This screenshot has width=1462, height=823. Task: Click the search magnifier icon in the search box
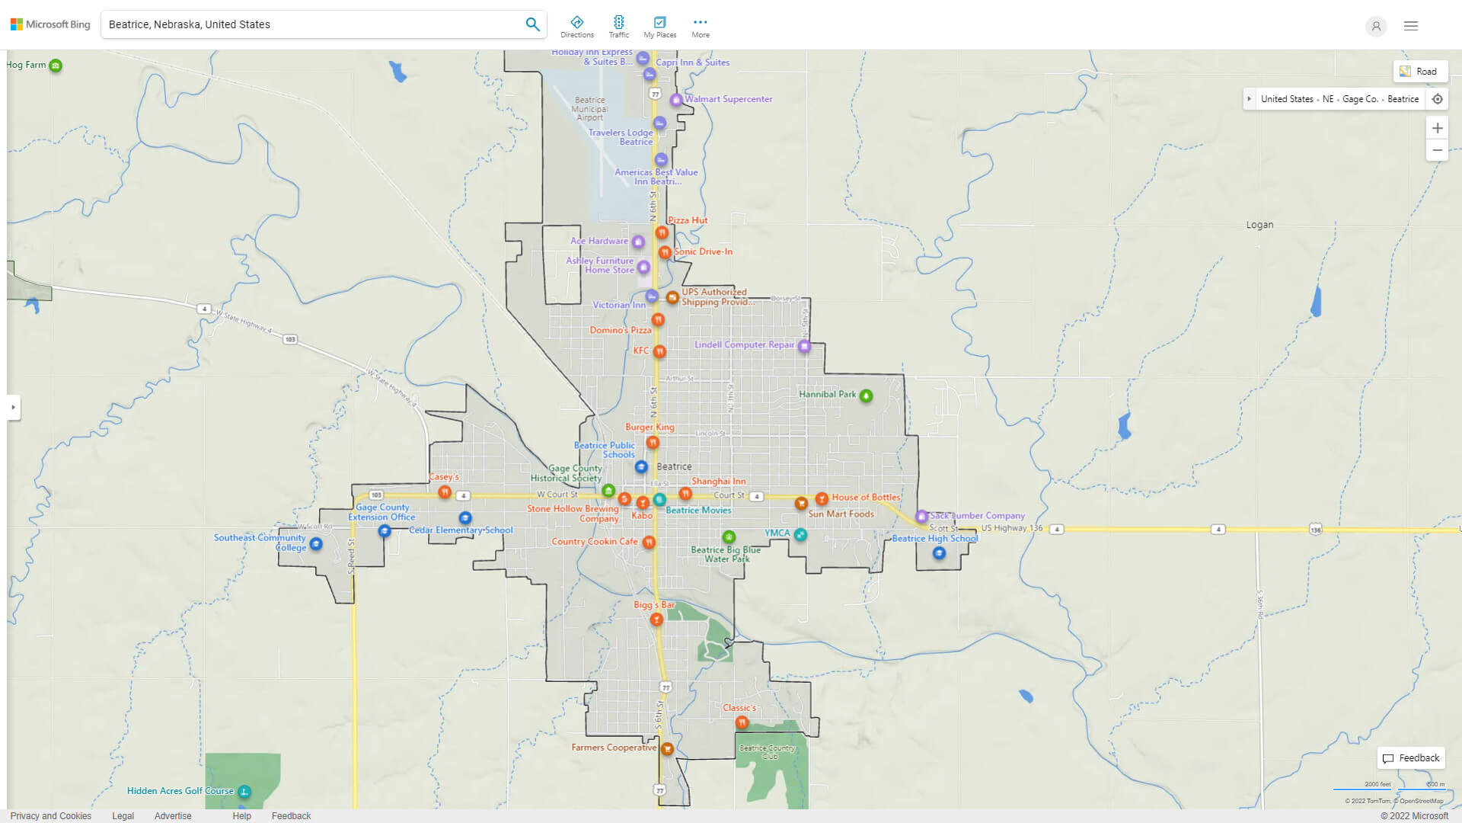click(532, 24)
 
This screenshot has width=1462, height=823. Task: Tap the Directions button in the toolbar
click(576, 26)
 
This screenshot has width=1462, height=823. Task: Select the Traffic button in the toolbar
click(618, 26)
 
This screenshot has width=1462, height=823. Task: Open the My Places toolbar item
click(659, 26)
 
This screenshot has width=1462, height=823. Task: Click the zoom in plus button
click(1437, 128)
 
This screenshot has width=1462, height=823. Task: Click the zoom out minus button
click(1437, 150)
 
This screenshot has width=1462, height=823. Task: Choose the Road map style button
click(1419, 71)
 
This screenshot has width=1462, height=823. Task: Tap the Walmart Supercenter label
click(728, 99)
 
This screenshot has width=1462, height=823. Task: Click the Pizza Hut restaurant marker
click(662, 232)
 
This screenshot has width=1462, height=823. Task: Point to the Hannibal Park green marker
click(866, 395)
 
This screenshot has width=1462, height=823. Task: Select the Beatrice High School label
click(934, 539)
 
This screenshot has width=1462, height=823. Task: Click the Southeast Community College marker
click(316, 544)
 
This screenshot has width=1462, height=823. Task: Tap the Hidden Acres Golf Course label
click(180, 791)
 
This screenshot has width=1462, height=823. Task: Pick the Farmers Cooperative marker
click(667, 749)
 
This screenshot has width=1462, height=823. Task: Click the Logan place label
click(1259, 225)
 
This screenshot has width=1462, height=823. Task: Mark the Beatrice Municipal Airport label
click(589, 108)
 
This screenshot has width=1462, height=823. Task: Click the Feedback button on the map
click(1411, 758)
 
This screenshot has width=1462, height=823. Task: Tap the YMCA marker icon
click(800, 535)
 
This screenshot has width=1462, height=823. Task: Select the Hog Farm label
click(26, 65)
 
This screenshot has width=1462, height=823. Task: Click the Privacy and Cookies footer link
click(51, 815)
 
